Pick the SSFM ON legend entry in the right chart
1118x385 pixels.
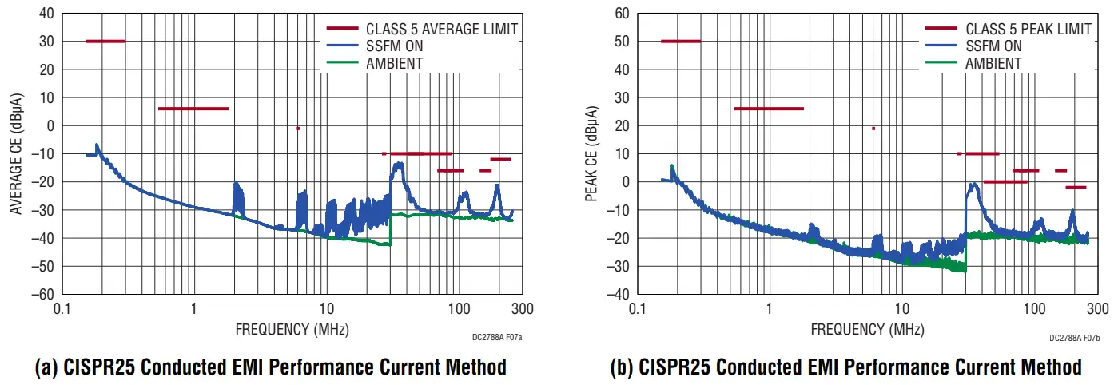point(993,46)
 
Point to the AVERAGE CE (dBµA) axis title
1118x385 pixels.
point(17,154)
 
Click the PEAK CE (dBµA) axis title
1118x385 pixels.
point(592,154)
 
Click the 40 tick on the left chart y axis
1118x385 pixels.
point(46,14)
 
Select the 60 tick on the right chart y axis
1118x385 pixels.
point(621,14)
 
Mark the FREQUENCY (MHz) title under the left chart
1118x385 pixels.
point(292,329)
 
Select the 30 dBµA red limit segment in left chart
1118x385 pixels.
point(105,41)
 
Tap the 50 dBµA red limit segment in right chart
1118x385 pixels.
point(681,41)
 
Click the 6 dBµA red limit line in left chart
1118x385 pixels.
point(193,109)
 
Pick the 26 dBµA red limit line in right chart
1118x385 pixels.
point(769,109)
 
